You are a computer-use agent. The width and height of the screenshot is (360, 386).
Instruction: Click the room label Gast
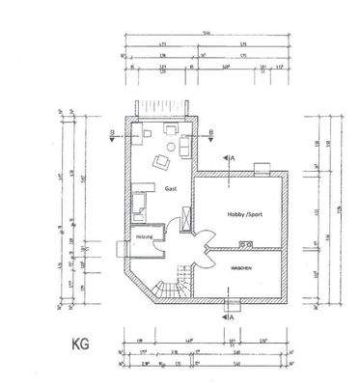170,190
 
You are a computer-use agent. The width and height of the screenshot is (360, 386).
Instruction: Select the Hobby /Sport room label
243,213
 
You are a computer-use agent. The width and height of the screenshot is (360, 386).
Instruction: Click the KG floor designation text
81,341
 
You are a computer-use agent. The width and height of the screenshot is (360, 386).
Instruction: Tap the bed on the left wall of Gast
140,203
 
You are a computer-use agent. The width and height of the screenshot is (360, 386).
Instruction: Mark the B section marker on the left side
113,135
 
